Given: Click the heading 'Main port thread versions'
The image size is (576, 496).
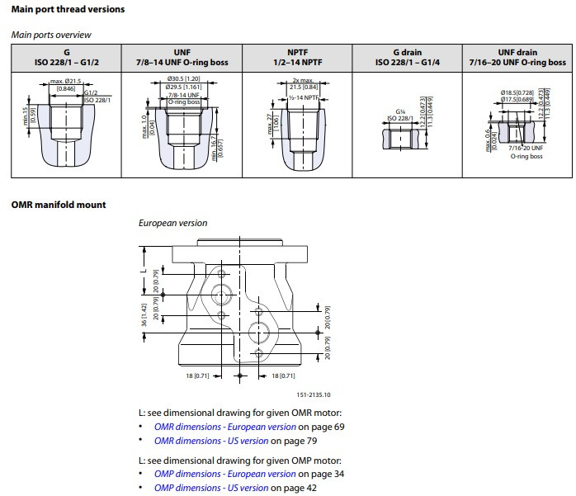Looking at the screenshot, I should [x=68, y=9].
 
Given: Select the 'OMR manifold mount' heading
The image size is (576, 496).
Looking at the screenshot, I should [x=58, y=205].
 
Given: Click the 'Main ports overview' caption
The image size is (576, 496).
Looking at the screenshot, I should [x=51, y=35].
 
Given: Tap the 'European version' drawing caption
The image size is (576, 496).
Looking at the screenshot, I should [x=172, y=223].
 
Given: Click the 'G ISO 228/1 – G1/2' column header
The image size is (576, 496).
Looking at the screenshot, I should [x=67, y=57].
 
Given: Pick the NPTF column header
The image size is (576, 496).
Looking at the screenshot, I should [x=299, y=57].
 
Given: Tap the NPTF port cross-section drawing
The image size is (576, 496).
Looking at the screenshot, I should [x=297, y=124].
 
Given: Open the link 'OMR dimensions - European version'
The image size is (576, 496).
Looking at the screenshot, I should [x=224, y=427].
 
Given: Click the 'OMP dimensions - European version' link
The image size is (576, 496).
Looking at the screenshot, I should [x=224, y=474].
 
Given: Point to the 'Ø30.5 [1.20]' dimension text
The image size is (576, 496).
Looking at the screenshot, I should [x=184, y=79].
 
